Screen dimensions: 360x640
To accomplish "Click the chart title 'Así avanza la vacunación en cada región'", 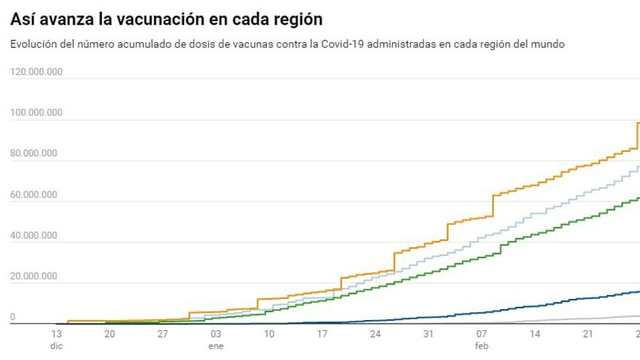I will [167, 18].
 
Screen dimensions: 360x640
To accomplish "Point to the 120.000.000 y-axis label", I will [36, 72].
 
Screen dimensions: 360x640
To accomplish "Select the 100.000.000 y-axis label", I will [36, 113].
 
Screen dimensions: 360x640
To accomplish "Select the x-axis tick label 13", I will [57, 334].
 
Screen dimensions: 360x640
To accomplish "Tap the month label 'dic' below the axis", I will [57, 346].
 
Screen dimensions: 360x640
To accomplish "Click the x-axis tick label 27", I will [163, 334].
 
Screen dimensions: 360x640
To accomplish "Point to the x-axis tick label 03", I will [216, 334].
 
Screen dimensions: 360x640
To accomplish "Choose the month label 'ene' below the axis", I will [216, 346].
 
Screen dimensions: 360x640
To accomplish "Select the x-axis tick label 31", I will [428, 334].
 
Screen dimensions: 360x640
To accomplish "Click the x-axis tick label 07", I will [481, 334].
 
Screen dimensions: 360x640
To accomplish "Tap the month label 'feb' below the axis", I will [481, 346].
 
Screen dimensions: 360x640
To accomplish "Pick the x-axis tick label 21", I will [588, 334].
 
